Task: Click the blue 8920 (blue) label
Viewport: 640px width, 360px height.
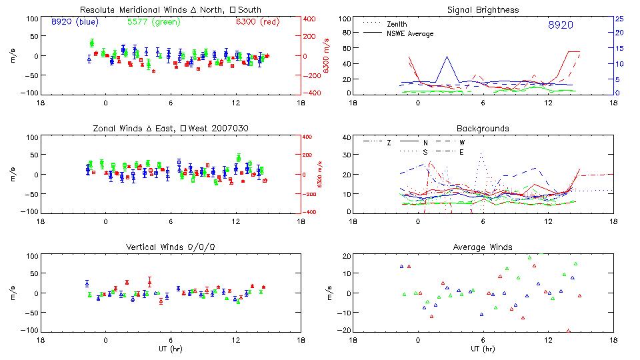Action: click(75, 22)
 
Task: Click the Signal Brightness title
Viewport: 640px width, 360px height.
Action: click(483, 10)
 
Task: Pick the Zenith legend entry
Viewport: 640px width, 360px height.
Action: click(397, 24)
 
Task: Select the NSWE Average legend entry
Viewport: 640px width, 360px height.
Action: click(409, 33)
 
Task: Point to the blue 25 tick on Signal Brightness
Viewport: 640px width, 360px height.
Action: click(619, 19)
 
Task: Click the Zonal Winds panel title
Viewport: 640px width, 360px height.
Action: click(170, 128)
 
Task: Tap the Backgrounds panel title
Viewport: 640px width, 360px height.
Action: click(483, 128)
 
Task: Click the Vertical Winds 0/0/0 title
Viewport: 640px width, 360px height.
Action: click(170, 247)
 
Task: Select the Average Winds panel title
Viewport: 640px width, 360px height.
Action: click(483, 247)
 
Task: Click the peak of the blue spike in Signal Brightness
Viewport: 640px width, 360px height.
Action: click(447, 57)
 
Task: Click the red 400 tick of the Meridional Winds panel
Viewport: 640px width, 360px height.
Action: click(311, 19)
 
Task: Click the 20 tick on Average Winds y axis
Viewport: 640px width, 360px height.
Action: click(345, 256)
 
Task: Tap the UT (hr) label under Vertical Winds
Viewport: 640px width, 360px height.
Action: click(170, 349)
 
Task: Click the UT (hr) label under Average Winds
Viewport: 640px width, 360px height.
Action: click(483, 349)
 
